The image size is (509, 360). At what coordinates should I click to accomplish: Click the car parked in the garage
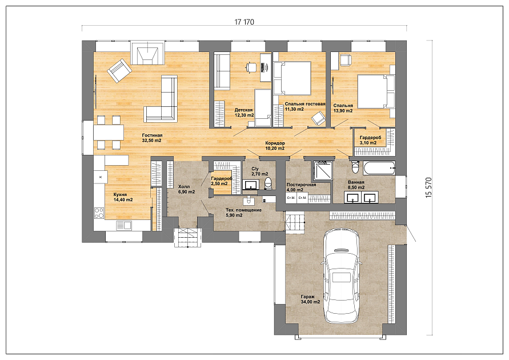342,276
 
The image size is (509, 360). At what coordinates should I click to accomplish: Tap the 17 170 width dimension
244,22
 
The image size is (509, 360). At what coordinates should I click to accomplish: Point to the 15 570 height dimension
428,187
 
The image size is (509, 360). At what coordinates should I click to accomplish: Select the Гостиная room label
153,135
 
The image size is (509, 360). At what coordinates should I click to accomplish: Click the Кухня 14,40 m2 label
123,197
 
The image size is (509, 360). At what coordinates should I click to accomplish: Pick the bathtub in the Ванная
379,167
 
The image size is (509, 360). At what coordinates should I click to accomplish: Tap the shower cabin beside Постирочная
323,170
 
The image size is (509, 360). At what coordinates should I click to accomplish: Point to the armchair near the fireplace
119,70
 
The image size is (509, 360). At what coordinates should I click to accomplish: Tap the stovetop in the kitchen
99,213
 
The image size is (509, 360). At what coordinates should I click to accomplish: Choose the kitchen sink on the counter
123,225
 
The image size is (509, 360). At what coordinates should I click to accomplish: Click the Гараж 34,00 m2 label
310,299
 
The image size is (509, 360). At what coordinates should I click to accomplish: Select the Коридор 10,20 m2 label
275,145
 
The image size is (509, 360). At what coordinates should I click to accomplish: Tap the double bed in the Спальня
376,91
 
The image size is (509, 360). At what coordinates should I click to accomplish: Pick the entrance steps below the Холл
187,237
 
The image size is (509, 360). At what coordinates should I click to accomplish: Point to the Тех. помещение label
243,210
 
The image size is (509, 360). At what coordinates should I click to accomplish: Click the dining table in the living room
109,132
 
